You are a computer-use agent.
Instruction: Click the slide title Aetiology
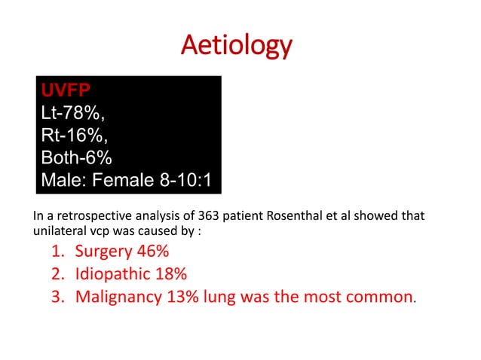236,46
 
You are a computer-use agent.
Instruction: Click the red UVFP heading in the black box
66,91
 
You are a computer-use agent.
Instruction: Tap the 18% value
170,273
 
